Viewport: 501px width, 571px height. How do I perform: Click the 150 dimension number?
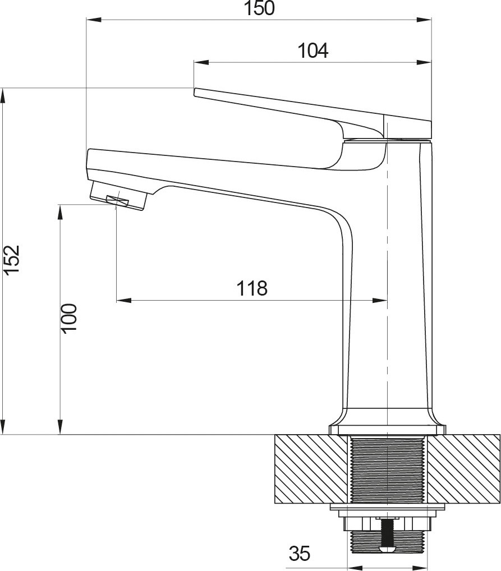click(259, 8)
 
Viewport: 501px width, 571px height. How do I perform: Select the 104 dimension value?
click(313, 50)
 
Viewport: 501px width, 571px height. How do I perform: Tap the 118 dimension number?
click(252, 288)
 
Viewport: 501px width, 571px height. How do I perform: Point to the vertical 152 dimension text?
click(12, 259)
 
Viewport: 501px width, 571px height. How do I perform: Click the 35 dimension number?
click(300, 554)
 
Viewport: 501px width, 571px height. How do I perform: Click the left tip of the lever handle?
click(194, 92)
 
